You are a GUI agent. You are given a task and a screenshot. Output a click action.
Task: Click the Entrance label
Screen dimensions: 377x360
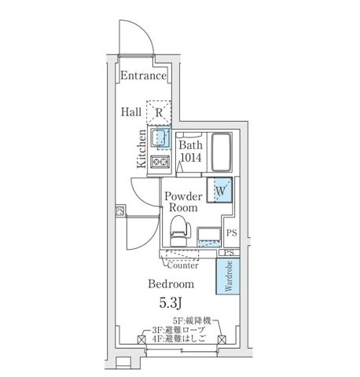[143, 76]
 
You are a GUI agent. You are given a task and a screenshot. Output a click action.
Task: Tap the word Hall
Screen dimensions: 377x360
[130, 112]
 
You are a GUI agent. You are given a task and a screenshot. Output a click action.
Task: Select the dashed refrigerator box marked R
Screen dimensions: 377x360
[159, 112]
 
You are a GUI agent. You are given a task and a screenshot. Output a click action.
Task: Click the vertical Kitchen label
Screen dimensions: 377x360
[141, 149]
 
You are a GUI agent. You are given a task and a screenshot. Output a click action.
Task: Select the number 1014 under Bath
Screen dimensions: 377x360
[190, 158]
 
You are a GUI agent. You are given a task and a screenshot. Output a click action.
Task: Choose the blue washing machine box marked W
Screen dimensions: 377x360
[219, 191]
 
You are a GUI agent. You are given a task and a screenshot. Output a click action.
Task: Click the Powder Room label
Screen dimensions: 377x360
[185, 202]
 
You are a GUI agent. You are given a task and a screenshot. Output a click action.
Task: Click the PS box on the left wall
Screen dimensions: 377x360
[120, 210]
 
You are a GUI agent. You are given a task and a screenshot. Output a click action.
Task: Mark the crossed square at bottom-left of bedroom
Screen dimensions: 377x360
[141, 341]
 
